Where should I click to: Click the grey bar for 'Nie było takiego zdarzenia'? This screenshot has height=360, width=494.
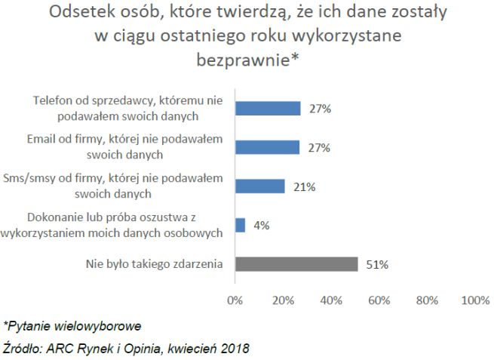tap(296, 264)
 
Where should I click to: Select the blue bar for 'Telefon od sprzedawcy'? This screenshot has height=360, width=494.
tap(268, 108)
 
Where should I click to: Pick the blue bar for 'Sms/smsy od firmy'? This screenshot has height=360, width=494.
tap(260, 186)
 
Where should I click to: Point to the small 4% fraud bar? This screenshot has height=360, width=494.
tap(241, 225)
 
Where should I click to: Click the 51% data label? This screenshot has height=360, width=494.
tap(377, 264)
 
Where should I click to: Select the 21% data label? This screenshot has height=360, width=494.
tap(305, 186)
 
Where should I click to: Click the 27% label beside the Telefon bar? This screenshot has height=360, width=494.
tap(319, 108)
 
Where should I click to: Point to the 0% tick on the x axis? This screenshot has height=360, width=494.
tap(235, 300)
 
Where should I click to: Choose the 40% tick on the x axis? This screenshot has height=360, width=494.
tap(331, 300)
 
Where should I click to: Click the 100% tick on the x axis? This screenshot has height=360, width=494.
tap(474, 300)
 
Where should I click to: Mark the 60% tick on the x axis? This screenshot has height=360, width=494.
tap(379, 300)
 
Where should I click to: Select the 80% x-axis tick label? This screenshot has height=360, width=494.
tap(427, 300)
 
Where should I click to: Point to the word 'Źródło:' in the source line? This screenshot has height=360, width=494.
tap(23, 348)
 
